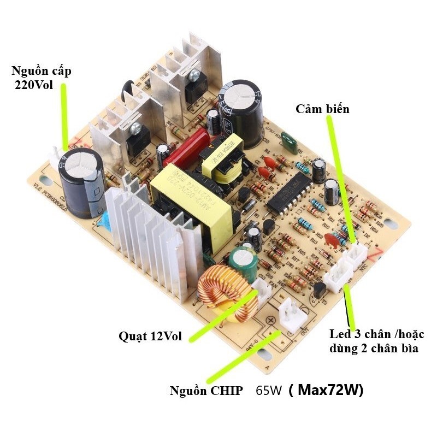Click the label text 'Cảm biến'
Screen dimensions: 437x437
pos(322,109)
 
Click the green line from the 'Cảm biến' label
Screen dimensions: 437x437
pos(341,175)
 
